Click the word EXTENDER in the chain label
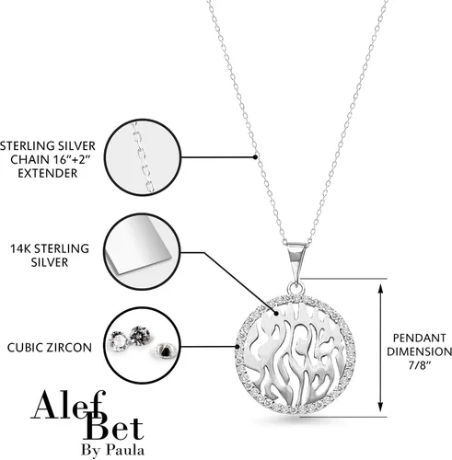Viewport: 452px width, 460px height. click(48, 173)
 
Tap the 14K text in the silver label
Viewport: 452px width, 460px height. click(20, 248)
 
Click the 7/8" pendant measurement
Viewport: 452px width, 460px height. click(419, 365)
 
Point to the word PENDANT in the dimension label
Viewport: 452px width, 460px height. click(420, 338)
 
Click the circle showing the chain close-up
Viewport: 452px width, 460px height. click(143, 157)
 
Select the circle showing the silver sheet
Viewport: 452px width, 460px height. click(142, 252)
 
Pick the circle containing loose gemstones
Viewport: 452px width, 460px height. click(142, 346)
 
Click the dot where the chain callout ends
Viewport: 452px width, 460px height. click(255, 157)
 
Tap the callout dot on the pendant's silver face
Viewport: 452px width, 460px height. click(276, 314)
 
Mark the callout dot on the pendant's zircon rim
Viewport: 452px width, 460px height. click(238, 347)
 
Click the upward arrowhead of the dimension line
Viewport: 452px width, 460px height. click(380, 288)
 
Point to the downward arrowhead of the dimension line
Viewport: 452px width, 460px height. click(380, 407)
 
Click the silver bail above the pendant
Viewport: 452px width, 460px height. click(296, 261)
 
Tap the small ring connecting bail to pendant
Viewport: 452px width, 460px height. click(296, 289)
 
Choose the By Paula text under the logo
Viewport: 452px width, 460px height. click(112, 450)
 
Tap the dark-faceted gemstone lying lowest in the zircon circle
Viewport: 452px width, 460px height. click(166, 351)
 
